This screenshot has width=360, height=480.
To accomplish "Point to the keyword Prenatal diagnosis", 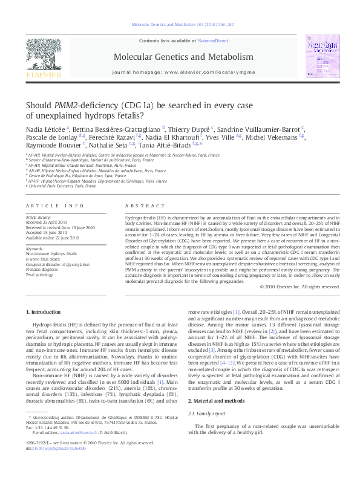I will [x=42, y=269].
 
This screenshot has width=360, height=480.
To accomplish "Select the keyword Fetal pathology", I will [x=39, y=274].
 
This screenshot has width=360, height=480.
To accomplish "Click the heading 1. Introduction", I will [x=45, y=312].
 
